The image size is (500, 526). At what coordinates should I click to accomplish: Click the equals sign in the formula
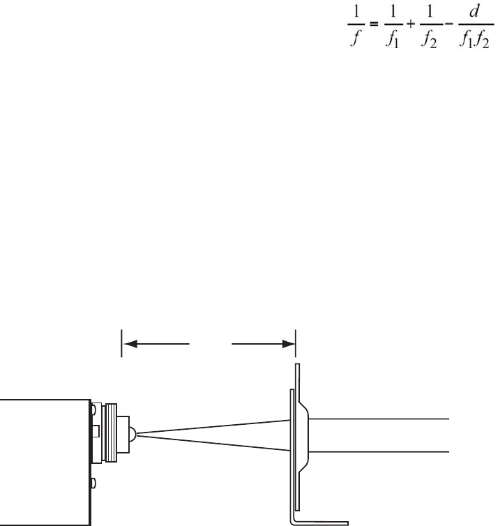pos(374,24)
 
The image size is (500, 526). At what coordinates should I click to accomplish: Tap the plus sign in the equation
pos(411,24)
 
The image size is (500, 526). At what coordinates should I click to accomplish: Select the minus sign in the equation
pos(449,24)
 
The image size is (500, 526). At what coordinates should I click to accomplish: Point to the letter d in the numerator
pos(474,12)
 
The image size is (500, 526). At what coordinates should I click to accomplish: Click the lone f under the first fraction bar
pos(356,38)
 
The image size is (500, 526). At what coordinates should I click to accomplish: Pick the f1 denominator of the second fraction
pos(393,40)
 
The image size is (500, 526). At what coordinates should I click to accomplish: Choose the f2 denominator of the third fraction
pos(430,40)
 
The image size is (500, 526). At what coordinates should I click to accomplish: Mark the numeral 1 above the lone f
pos(356,12)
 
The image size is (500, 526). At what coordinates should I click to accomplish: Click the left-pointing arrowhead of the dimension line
pos(130,344)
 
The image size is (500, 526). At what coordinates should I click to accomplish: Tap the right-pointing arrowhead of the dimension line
pos(289,344)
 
